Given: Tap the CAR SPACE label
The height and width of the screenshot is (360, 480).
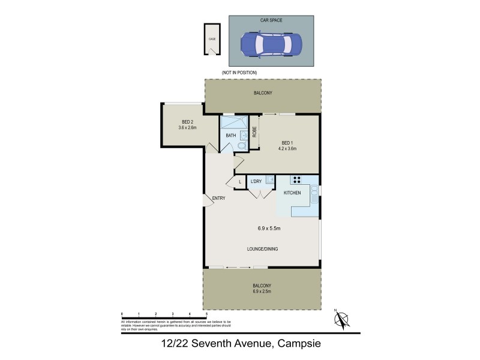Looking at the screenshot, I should tap(272, 20).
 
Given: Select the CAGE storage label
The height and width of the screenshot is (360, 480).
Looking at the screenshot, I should tap(212, 39).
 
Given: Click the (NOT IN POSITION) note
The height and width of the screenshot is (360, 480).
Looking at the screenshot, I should tap(239, 73).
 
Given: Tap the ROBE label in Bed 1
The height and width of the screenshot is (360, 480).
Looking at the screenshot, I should tap(254, 130).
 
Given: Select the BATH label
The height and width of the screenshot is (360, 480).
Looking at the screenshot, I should tap(230, 136).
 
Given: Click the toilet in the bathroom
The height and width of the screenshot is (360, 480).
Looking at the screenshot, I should tap(241, 146).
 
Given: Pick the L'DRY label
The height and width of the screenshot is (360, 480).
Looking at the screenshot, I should tap(257, 181).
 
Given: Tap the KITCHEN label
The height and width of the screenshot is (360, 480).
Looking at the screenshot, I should tap(292, 193).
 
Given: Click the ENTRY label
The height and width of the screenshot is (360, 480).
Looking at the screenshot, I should tap(218, 199).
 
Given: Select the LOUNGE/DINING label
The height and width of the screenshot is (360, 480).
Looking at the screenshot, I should tap(262, 249).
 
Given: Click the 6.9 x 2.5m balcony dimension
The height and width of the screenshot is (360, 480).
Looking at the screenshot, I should tap(262, 292).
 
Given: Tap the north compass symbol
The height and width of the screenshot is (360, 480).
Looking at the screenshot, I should tap(341, 319).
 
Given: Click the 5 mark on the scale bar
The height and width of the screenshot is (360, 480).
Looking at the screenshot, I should tap(207, 314).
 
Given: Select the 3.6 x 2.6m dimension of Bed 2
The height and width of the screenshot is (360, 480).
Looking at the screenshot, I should tap(187, 127).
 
